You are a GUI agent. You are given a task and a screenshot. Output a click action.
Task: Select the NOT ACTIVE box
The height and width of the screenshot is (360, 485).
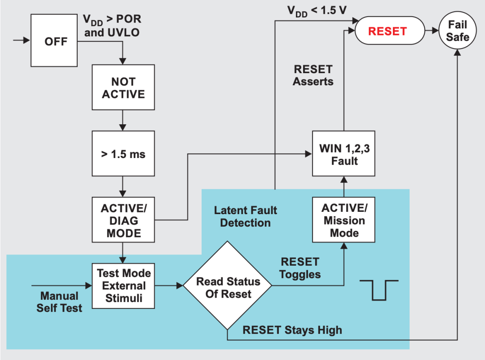tap(123, 88)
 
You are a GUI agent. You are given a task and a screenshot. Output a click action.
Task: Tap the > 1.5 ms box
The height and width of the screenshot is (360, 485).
tap(123, 154)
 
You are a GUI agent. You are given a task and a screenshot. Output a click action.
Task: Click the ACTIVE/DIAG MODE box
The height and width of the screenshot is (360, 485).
tap(123, 220)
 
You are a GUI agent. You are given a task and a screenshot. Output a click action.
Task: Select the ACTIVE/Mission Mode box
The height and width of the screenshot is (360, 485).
tap(344, 220)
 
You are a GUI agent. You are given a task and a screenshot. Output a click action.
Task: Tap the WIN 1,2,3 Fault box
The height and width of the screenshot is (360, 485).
tap(344, 154)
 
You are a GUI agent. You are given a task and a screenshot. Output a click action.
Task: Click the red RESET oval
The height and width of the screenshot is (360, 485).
tap(389, 31)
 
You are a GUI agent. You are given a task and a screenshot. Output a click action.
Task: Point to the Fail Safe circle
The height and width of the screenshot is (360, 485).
tap(457, 31)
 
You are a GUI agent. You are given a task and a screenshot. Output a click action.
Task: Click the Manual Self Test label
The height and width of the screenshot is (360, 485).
tap(59, 302)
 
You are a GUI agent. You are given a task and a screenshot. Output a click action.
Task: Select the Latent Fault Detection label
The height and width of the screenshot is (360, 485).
tap(245, 216)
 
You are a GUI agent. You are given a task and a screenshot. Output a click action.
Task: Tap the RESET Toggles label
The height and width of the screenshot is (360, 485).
tap(300, 268)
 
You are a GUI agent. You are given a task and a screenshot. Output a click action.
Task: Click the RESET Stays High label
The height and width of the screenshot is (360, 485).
tap(292, 330)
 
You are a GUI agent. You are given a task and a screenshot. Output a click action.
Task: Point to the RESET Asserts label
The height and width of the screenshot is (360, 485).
tap(313, 75)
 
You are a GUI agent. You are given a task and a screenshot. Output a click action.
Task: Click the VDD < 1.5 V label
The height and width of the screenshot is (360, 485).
tap(317, 10)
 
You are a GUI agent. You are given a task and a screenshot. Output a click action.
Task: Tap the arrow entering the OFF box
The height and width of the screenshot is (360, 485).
tap(21, 40)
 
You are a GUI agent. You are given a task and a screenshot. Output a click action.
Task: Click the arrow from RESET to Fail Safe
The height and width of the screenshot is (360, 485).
tap(431, 31)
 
